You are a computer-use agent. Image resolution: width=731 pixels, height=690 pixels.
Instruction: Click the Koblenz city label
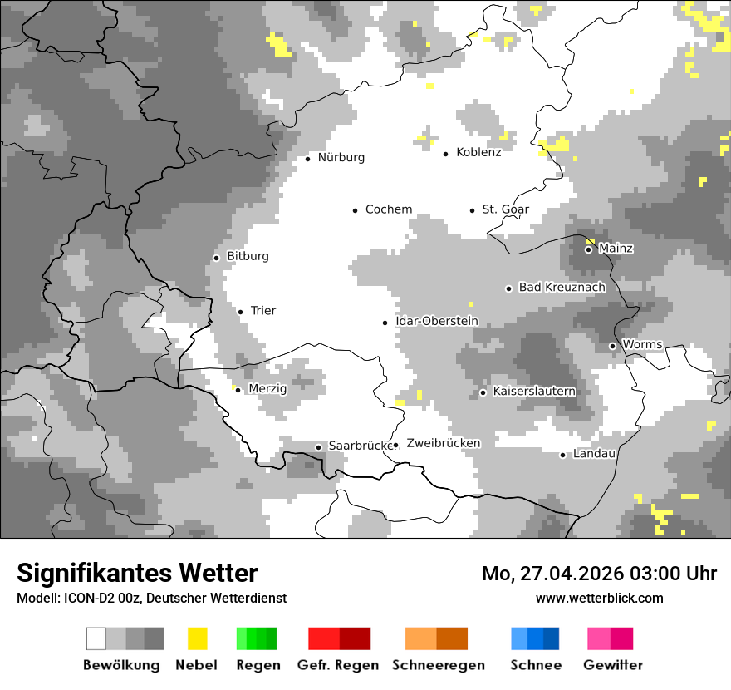pos(478,152)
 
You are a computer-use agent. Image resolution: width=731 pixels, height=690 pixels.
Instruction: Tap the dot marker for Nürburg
pos(308,158)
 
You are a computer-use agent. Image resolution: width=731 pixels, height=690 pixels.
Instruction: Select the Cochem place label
pos(388,209)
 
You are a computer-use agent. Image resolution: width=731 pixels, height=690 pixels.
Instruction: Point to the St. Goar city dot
pos(473,210)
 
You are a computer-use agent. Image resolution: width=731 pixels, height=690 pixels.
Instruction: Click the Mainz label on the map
pos(616,248)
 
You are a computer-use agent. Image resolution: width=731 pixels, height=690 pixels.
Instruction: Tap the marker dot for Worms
pos(613,346)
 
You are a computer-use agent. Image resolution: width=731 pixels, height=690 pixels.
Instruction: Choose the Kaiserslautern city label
pos(534,391)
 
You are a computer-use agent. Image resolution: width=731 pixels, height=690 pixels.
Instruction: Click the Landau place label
pos(594,453)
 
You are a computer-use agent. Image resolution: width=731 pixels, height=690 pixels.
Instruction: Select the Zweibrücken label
pos(443,443)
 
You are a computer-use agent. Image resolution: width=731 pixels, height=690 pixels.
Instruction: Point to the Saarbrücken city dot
pos(318,447)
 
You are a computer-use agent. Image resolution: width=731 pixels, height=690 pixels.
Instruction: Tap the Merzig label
pos(267,388)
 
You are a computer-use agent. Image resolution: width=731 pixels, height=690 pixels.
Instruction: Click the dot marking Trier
pos(241,312)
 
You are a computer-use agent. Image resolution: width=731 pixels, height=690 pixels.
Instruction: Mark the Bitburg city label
pos(248,256)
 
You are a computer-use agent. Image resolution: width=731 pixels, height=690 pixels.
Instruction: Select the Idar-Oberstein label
pos(436,321)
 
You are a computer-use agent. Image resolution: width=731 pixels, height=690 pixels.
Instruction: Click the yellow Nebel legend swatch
pos(197,638)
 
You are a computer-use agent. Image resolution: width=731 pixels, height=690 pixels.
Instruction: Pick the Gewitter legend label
pos(612,665)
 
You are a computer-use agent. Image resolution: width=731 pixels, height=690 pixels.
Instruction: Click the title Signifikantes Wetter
pos(137,573)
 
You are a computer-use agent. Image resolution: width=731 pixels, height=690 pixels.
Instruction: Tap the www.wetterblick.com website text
pos(599,598)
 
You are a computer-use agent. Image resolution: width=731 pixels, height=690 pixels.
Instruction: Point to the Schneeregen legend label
pos(438,665)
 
